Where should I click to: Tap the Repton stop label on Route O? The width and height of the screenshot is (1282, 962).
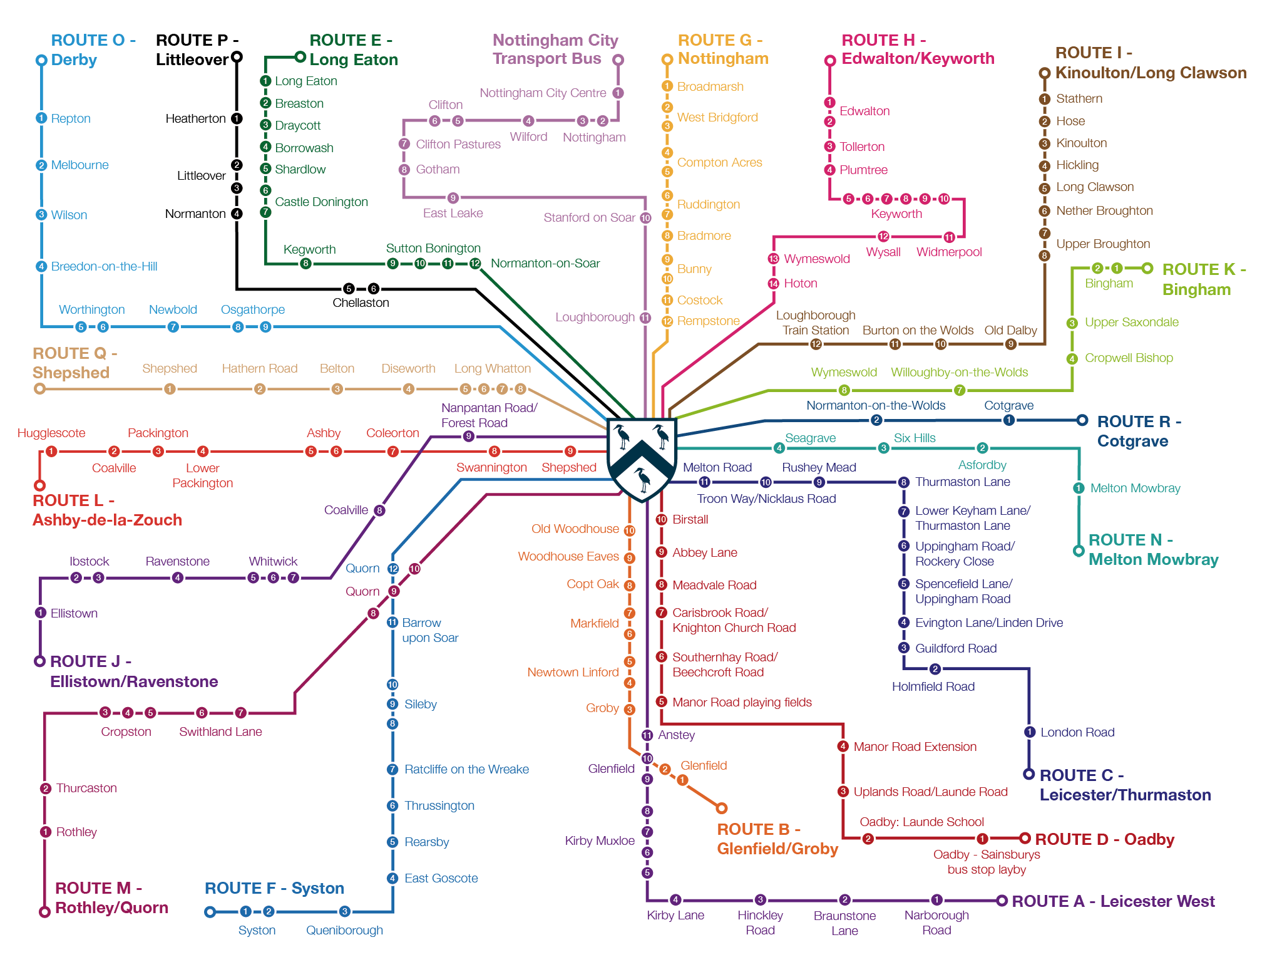71,118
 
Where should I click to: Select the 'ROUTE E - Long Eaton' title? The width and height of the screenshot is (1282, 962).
353,49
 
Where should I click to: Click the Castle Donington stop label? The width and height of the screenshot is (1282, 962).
321,202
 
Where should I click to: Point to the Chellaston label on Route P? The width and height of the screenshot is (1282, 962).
361,303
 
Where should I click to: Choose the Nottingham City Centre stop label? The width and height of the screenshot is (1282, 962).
543,93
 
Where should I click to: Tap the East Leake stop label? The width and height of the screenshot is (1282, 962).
453,213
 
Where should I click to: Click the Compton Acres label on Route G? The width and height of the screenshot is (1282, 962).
719,162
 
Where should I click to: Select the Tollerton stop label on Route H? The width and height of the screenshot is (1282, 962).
862,147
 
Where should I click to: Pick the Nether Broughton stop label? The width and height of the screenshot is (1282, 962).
1104,210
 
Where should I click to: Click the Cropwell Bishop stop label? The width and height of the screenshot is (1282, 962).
1129,358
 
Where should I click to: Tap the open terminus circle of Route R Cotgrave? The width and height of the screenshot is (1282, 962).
1082,420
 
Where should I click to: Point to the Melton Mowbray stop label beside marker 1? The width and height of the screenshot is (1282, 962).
1135,488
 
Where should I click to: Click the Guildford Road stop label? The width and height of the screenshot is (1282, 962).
955,648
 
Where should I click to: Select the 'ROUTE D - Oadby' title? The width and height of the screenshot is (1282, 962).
1104,839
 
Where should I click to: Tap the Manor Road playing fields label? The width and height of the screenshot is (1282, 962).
742,702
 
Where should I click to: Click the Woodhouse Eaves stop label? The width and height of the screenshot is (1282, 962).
568,556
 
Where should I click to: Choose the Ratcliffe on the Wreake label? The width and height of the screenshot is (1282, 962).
466,769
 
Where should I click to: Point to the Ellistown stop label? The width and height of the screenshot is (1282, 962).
74,613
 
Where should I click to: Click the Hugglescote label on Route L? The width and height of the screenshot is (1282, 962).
51,433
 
